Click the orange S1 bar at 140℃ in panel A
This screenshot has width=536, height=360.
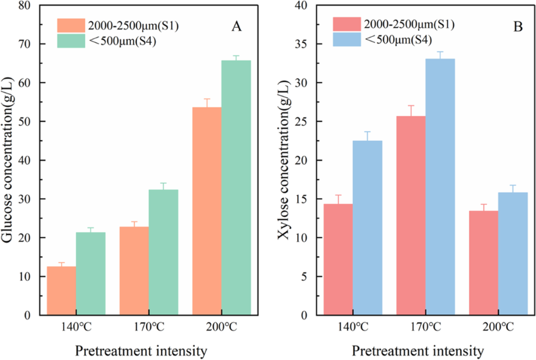[x=61, y=291]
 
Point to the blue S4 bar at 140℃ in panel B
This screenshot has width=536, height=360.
[x=367, y=228]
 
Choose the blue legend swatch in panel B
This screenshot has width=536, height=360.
[x=347, y=39]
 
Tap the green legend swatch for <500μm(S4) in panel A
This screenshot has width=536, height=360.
[x=71, y=41]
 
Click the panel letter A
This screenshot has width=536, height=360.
[x=237, y=27]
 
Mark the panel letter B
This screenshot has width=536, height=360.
[x=518, y=27]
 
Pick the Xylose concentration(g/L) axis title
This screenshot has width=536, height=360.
[x=284, y=160]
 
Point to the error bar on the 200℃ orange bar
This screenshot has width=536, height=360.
[x=207, y=102]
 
